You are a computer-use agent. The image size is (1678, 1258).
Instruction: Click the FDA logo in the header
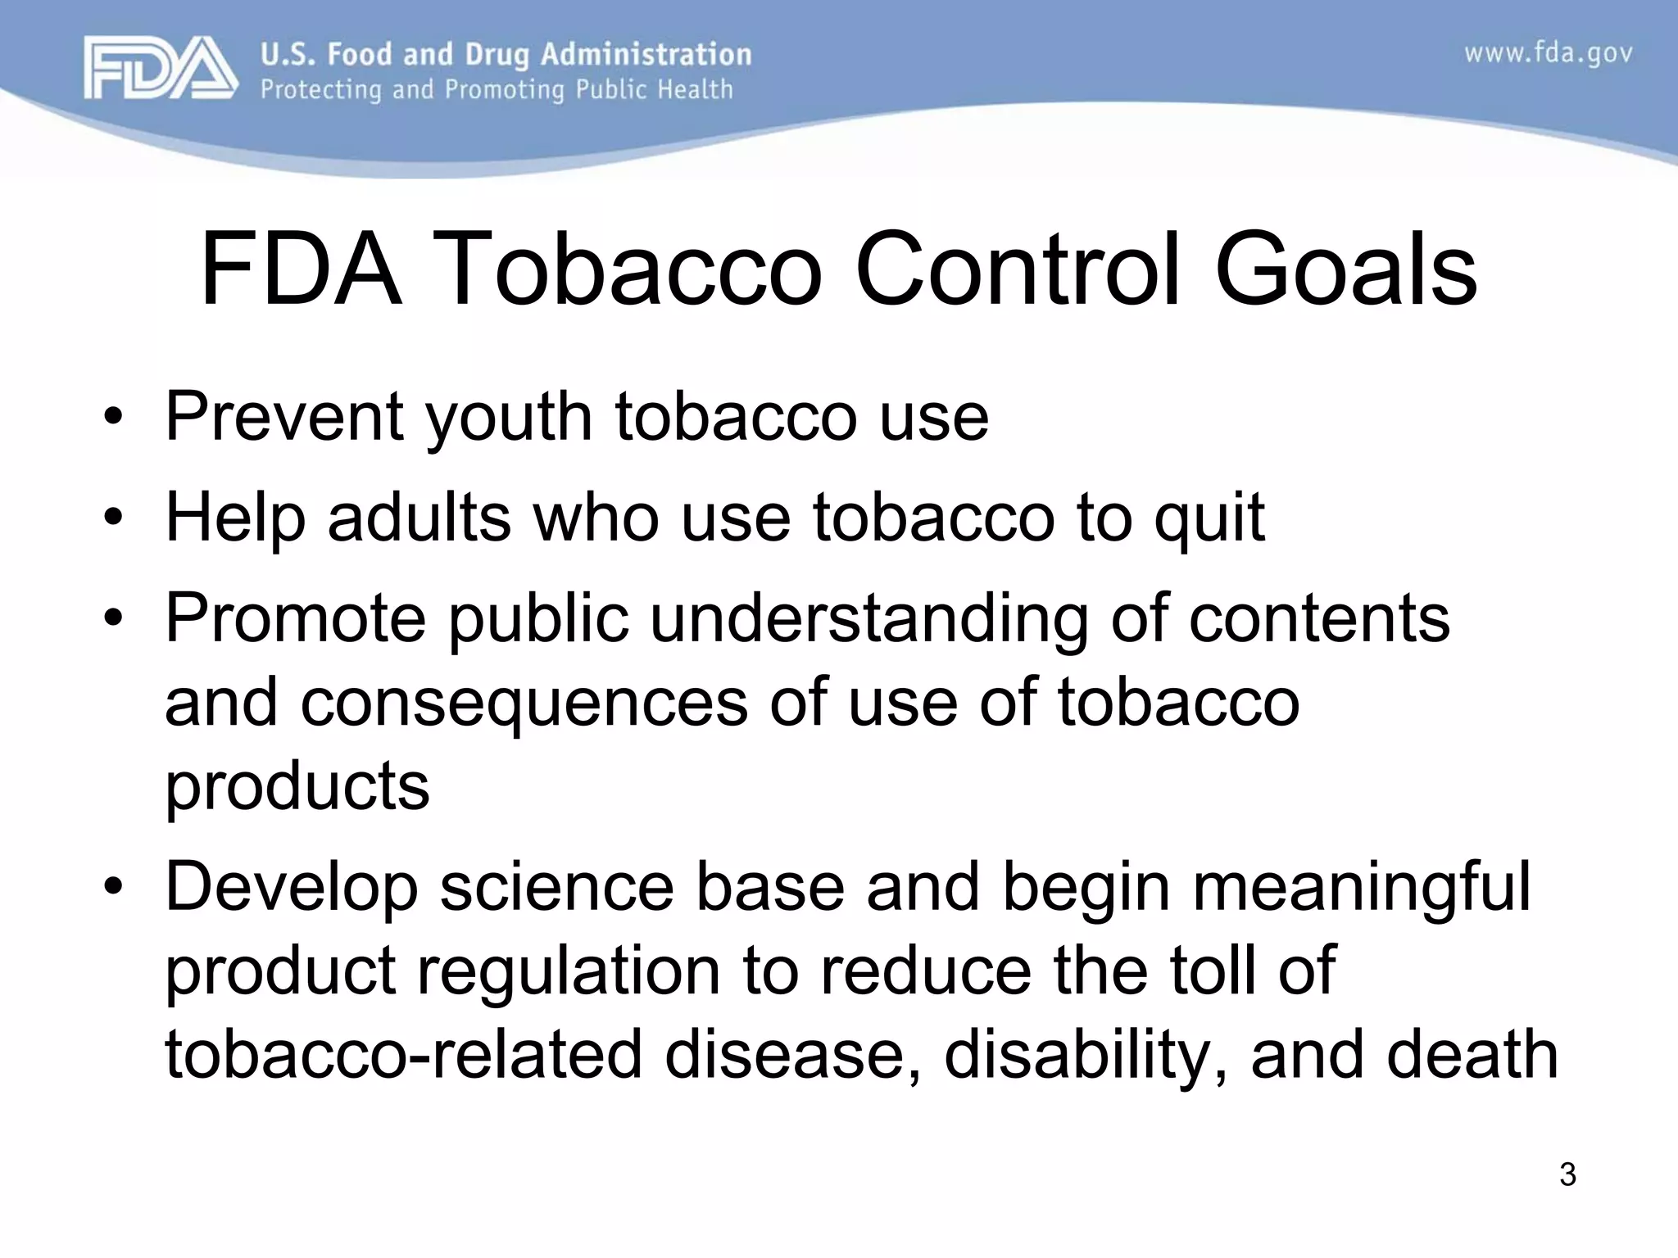click(161, 70)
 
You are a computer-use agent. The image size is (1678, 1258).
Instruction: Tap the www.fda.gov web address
click(1548, 54)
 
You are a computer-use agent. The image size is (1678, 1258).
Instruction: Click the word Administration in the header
click(646, 55)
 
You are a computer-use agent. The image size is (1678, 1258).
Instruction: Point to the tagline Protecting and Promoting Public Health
click(497, 89)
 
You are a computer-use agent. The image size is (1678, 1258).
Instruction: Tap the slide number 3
click(1567, 1174)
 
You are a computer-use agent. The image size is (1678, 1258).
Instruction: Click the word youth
click(509, 418)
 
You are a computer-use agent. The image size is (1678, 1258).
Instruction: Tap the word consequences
click(524, 703)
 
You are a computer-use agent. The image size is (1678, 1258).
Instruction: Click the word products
click(297, 786)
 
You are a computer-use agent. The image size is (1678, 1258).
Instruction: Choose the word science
click(556, 888)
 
